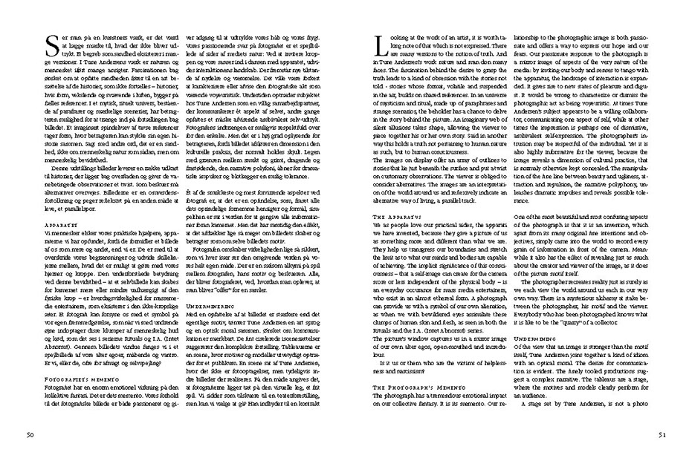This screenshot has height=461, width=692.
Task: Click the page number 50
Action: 29,434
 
